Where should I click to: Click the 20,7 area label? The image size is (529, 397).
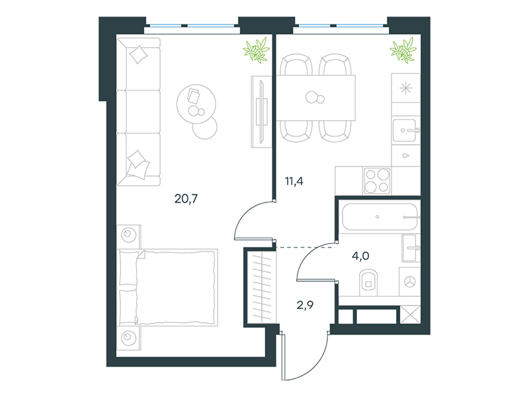(186, 199)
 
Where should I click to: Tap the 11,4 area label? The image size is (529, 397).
(294, 181)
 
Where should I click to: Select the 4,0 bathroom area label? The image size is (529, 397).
(360, 256)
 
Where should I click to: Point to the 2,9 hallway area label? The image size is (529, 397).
(305, 305)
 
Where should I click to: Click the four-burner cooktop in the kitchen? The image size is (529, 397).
(377, 181)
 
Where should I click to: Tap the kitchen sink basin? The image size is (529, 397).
(405, 130)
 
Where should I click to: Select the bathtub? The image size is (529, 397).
(380, 217)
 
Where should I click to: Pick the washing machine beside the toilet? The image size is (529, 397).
(409, 282)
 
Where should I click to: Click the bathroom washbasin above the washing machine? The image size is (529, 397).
(411, 248)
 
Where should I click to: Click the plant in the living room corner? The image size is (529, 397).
(257, 51)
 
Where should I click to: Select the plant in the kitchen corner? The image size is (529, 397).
(403, 50)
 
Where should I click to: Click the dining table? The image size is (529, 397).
(316, 98)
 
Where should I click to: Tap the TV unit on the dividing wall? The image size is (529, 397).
(261, 111)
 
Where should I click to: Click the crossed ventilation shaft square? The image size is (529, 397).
(410, 315)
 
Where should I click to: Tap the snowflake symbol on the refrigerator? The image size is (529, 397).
(406, 89)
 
